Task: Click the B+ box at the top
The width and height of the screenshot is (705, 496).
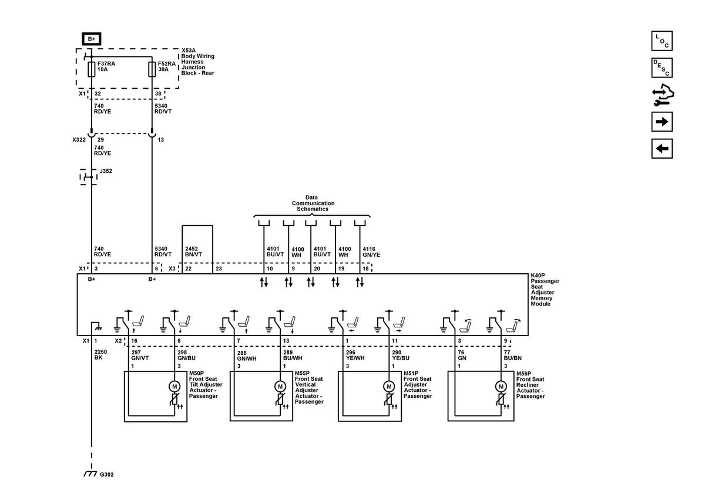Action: (91, 39)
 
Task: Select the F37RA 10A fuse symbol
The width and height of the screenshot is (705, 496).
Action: (91, 69)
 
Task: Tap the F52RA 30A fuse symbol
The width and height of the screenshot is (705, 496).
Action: (152, 69)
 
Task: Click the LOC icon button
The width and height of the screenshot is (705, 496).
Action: (662, 41)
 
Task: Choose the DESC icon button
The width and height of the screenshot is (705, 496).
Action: (662, 68)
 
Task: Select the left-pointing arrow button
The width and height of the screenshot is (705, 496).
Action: (662, 149)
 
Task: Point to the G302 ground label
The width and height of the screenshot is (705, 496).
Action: (107, 475)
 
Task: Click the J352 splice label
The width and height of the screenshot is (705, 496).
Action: (106, 171)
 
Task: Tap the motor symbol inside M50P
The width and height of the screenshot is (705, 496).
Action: (174, 387)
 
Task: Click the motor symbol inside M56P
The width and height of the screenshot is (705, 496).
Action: (501, 387)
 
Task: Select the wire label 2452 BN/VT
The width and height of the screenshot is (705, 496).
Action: (193, 252)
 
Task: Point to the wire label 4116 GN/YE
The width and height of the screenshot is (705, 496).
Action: (371, 252)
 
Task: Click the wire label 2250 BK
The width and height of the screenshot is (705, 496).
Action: (100, 354)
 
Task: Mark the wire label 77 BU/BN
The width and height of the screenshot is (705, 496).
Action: (513, 355)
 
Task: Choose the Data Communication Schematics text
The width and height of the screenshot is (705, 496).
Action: (313, 203)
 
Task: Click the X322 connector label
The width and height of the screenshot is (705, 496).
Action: (79, 140)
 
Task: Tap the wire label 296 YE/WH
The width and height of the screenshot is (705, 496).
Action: (355, 355)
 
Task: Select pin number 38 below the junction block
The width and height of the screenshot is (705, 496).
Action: (158, 93)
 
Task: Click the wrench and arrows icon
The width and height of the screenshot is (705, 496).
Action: (663, 95)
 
